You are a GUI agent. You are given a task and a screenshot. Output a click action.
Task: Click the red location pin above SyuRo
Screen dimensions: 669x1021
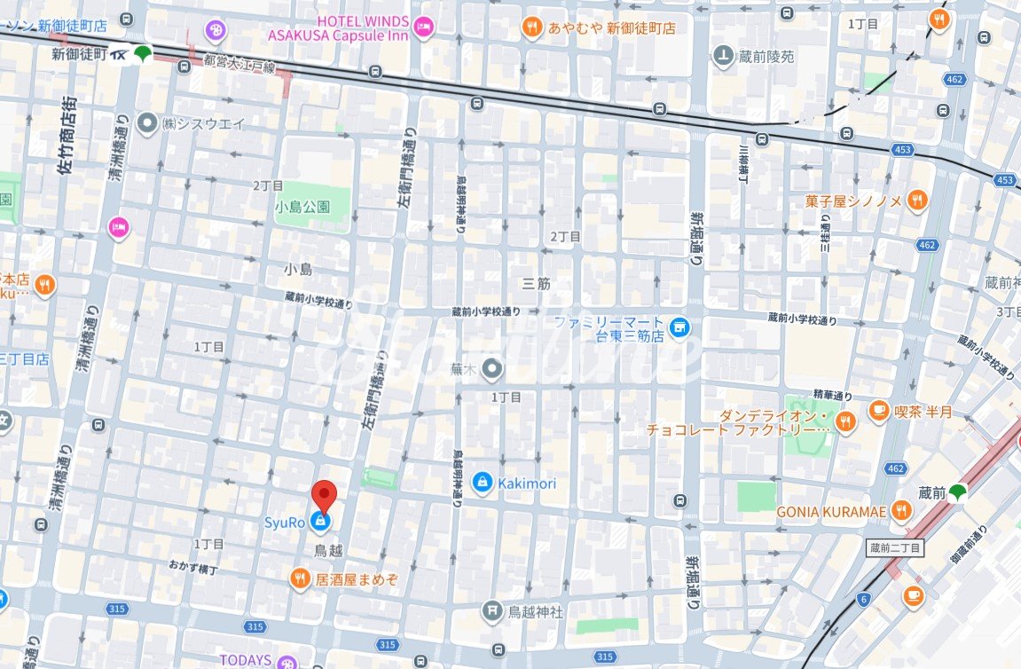[326, 494]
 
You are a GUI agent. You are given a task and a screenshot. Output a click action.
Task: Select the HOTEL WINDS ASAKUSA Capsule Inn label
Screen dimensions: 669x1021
[338, 28]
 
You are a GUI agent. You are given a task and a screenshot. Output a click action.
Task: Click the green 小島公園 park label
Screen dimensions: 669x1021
[302, 207]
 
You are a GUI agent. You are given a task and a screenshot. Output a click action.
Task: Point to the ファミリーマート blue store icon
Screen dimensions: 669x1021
[679, 328]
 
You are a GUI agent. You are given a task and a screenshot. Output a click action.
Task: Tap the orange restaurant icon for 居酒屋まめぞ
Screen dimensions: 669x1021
[300, 578]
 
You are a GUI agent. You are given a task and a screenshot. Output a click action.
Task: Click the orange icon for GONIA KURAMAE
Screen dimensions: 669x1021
[901, 510]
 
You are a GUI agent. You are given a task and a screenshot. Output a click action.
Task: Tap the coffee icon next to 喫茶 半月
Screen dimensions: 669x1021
[878, 410]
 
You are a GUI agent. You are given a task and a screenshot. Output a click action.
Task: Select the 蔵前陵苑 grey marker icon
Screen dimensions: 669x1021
[723, 55]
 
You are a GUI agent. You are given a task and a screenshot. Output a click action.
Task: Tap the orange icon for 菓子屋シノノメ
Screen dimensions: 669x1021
[916, 201]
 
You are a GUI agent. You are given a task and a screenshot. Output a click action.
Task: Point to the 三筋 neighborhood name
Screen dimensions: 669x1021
[536, 284]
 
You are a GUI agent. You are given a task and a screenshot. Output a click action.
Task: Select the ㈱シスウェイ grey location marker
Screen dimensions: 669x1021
[146, 123]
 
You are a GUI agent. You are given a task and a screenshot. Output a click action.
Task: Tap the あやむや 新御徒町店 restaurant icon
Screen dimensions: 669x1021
[532, 27]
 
